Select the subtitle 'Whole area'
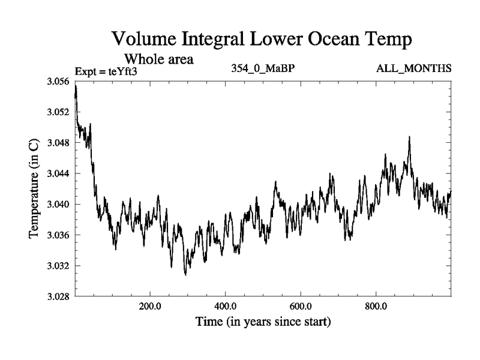[158, 59]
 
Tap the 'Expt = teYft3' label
[107, 71]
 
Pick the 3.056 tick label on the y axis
[58, 81]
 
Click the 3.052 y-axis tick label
[58, 112]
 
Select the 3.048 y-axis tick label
[58, 143]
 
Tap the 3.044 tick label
[58, 173]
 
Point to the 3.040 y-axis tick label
[58, 204]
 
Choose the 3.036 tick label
[58, 235]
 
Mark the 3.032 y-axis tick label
[58, 266]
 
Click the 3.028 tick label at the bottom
[58, 296]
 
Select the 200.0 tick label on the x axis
[149, 306]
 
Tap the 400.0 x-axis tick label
[225, 306]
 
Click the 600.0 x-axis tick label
[301, 306]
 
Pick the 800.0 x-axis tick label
[376, 306]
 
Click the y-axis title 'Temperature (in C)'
[35, 188]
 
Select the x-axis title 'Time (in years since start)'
[262, 322]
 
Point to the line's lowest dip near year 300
[185, 275]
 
